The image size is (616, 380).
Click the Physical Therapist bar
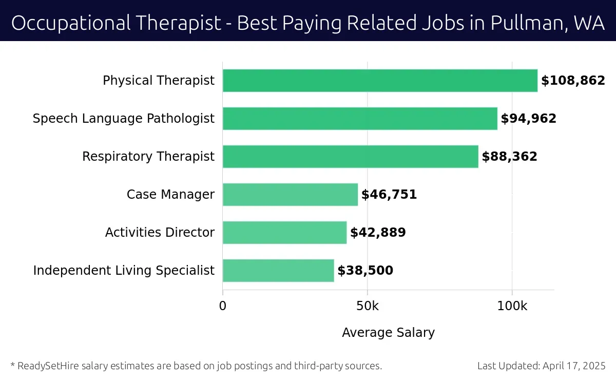[x=380, y=81]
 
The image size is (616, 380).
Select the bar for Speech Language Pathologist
[x=360, y=119]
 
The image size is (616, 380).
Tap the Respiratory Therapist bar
[x=350, y=157]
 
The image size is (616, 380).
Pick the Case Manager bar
[x=290, y=195]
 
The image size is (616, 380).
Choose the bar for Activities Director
[x=284, y=233]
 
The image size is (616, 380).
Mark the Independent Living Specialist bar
[x=278, y=271]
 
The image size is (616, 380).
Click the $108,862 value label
[x=573, y=81]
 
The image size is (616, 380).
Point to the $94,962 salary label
[x=528, y=119]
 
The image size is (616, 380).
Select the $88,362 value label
[x=509, y=157]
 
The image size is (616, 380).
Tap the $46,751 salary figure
[x=389, y=195]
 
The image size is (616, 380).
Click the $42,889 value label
[x=378, y=233]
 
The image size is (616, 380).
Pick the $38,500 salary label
[x=365, y=271]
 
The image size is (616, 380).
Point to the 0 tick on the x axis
[x=223, y=306]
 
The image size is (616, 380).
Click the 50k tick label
[x=368, y=306]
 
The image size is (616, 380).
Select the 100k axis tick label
[x=512, y=306]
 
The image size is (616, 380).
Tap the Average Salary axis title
[x=388, y=333]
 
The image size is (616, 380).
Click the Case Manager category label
[x=170, y=195]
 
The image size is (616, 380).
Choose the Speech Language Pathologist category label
[x=123, y=119]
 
